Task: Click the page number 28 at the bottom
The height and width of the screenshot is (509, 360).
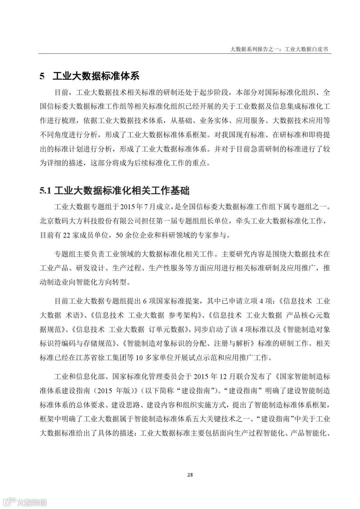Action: point(190,474)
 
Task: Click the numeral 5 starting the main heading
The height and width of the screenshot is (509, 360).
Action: point(42,76)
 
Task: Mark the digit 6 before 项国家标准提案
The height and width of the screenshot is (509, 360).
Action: point(145,301)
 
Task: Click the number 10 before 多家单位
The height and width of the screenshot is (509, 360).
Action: point(140,358)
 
